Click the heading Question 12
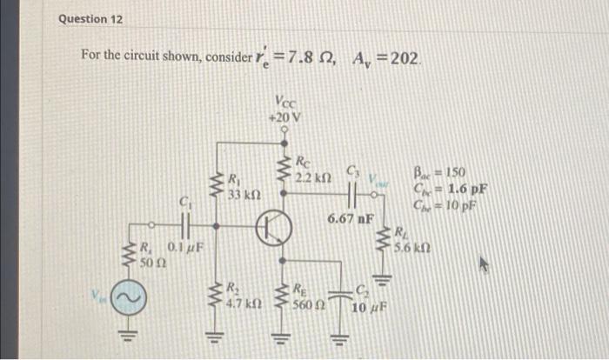coord(91,18)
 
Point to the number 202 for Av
coord(405,58)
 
